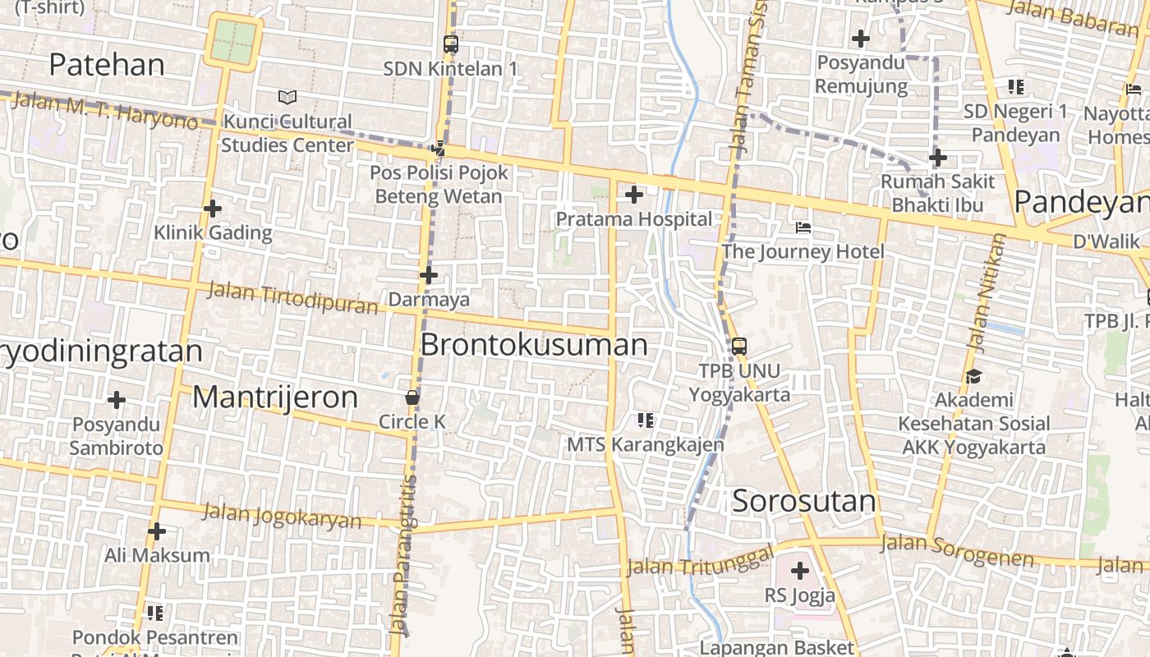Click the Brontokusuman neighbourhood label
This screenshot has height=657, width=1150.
click(x=534, y=345)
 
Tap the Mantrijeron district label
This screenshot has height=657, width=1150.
click(x=275, y=397)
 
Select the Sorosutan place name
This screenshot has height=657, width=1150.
click(x=804, y=501)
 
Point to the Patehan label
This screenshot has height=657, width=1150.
click(x=107, y=64)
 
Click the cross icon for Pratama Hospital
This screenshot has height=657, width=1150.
click(x=634, y=195)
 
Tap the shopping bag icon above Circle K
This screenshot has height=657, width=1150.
click(x=412, y=397)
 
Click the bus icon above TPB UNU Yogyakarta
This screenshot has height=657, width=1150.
click(x=739, y=346)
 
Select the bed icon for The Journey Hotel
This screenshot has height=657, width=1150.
click(x=803, y=227)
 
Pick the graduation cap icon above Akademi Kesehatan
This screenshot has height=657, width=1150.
click(x=974, y=377)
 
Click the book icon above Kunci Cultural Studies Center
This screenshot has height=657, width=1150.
click(x=287, y=98)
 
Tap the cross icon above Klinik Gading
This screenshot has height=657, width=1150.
click(x=213, y=209)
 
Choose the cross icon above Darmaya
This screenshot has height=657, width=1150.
click(x=429, y=276)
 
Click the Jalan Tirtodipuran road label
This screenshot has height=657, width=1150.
click(x=292, y=297)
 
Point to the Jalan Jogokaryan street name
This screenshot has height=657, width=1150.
click(x=282, y=516)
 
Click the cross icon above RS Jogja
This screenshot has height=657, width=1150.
click(x=800, y=571)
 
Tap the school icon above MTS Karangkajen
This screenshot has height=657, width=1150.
click(x=646, y=420)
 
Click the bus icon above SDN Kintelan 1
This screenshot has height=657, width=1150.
click(x=450, y=44)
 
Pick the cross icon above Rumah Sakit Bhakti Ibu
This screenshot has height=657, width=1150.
click(x=938, y=158)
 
